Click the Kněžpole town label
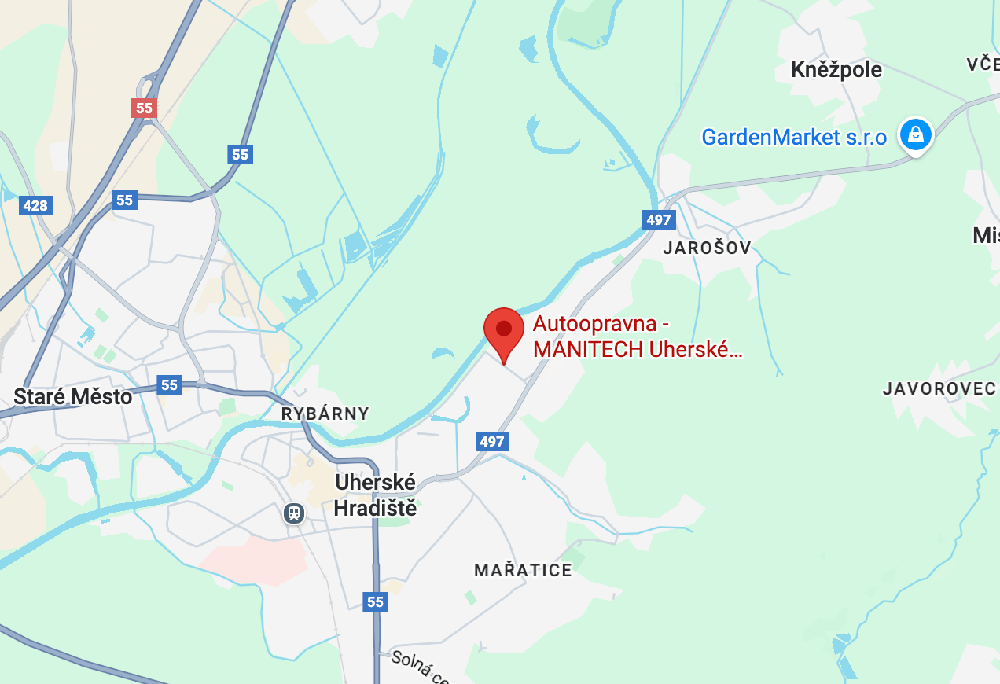[x=836, y=69]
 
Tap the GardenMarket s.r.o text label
[x=794, y=138]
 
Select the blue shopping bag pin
[x=916, y=134]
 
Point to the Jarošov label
[x=707, y=248]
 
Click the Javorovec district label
[x=939, y=388]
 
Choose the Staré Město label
[x=72, y=396]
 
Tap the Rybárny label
[x=325, y=414]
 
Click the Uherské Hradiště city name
[x=375, y=495]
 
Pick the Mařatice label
[x=523, y=570]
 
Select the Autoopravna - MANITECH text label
[x=637, y=336]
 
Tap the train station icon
[x=294, y=513]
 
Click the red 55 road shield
[x=144, y=108]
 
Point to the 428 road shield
[x=35, y=206]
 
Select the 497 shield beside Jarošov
[x=658, y=219]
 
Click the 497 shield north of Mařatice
[x=491, y=441]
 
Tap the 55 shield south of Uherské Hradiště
[x=375, y=601]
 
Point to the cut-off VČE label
[x=983, y=64]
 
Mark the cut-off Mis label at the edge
[x=986, y=235]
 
